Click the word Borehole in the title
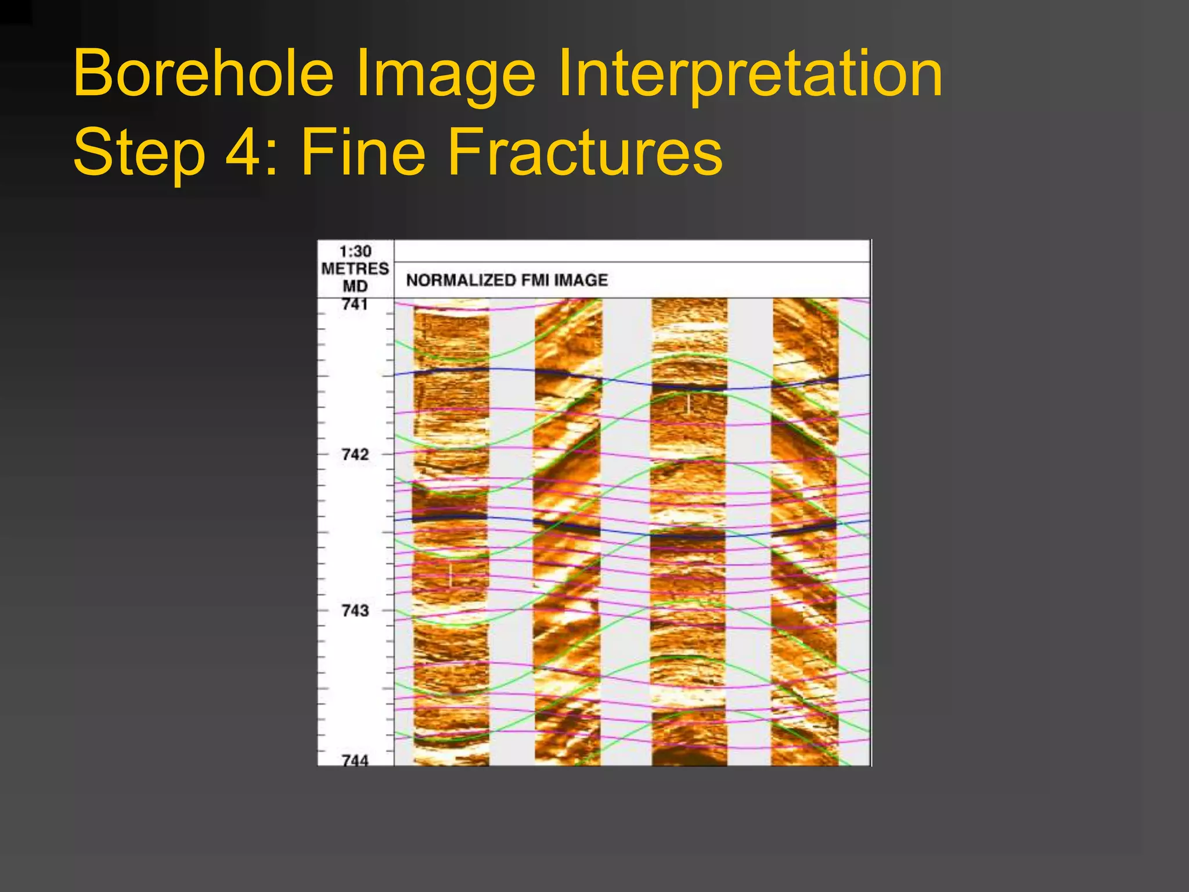(x=203, y=74)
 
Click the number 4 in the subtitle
(x=243, y=152)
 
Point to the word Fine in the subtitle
(x=363, y=152)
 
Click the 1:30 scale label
(x=355, y=251)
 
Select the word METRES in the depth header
(x=355, y=269)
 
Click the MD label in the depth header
(x=355, y=286)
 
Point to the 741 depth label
(x=355, y=304)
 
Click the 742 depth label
(x=355, y=454)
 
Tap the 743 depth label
(x=355, y=610)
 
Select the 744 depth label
(x=355, y=760)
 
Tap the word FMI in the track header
(x=534, y=280)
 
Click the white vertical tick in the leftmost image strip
(x=451, y=575)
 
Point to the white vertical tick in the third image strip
(x=689, y=404)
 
